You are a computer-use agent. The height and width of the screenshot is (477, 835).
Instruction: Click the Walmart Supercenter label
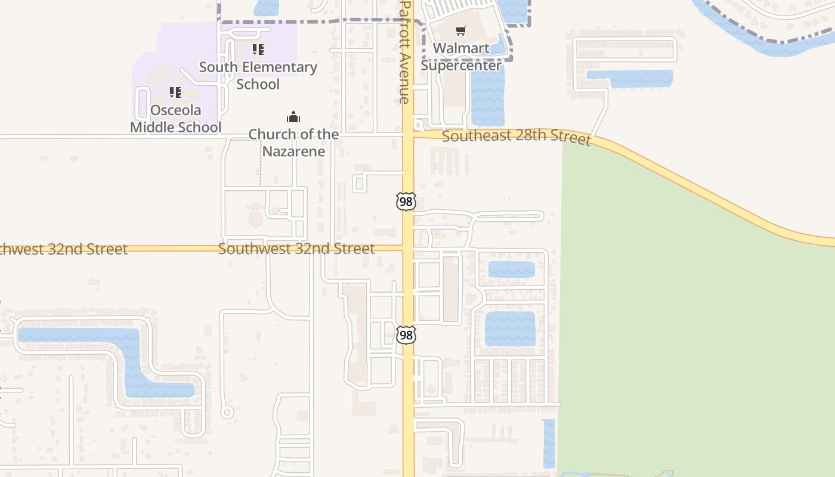click(x=461, y=57)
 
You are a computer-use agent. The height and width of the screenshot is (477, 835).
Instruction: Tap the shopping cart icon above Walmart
click(x=460, y=30)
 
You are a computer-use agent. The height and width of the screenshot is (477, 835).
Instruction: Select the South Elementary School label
click(x=258, y=76)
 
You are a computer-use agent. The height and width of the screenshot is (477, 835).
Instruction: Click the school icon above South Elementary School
click(x=258, y=49)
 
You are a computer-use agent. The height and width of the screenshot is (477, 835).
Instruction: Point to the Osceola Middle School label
click(x=175, y=119)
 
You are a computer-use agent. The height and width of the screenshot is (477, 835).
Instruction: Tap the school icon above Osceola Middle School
click(x=175, y=92)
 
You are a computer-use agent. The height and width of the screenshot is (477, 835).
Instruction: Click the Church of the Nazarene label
click(x=293, y=143)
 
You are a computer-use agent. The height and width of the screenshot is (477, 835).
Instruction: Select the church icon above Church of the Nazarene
click(x=293, y=116)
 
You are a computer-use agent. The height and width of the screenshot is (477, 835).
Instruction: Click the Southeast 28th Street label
click(x=516, y=137)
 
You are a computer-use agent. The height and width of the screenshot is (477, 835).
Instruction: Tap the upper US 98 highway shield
click(x=406, y=202)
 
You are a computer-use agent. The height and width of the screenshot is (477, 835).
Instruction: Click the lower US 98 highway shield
click(x=406, y=335)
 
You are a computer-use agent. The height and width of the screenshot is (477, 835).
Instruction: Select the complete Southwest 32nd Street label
click(x=296, y=249)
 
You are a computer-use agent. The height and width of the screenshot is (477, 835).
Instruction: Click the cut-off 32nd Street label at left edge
click(x=63, y=249)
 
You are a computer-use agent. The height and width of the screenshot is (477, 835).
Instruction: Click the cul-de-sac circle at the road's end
click(x=227, y=412)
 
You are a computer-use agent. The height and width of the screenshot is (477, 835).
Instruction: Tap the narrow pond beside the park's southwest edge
click(x=549, y=444)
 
